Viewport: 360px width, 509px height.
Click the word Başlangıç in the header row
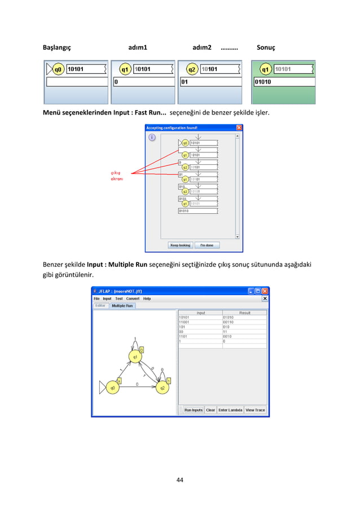[57, 48]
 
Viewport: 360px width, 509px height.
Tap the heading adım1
[138, 48]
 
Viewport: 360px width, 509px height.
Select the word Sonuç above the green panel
[266, 48]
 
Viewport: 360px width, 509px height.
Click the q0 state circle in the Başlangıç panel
[58, 69]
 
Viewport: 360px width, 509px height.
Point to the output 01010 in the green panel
[265, 81]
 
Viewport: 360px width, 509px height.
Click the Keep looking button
[181, 245]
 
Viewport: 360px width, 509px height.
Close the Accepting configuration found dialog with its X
[239, 128]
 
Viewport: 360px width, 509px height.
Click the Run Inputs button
[193, 410]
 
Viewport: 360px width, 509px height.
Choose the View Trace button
[255, 410]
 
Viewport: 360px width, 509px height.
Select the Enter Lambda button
[230, 410]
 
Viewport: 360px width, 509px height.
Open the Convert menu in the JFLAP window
[133, 299]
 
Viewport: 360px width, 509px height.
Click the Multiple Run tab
[122, 305]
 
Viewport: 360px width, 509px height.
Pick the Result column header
[244, 313]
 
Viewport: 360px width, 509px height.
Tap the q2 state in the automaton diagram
[163, 388]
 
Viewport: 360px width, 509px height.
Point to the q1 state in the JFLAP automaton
[135, 357]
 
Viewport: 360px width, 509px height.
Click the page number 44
[180, 480]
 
